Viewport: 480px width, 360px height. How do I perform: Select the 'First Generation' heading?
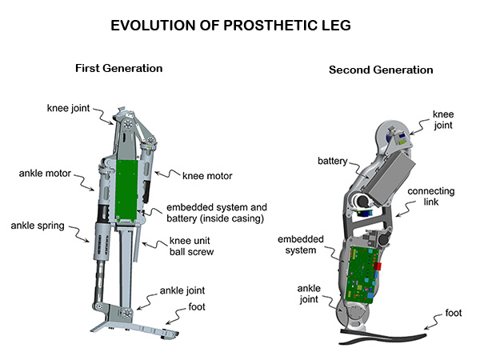[118, 68]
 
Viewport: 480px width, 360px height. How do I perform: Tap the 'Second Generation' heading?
[381, 70]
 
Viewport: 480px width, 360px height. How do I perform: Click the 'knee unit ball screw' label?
[197, 248]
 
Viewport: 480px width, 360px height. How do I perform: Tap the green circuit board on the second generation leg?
[362, 276]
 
